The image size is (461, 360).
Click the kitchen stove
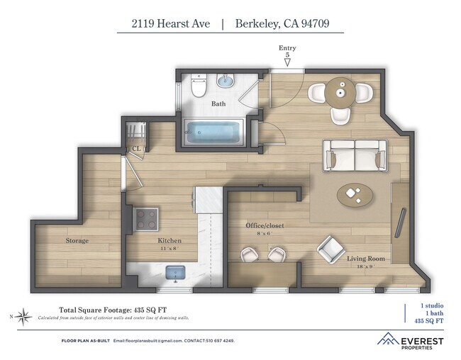click(x=147, y=220)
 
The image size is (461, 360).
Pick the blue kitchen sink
click(x=174, y=273)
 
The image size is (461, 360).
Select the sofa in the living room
click(x=355, y=154)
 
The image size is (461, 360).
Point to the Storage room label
click(x=77, y=241)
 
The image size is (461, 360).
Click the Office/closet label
click(x=265, y=225)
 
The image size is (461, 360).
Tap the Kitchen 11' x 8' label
click(x=170, y=244)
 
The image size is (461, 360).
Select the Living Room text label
click(x=365, y=259)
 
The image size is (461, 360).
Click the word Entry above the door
click(x=287, y=47)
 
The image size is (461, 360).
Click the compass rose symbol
click(x=23, y=315)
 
